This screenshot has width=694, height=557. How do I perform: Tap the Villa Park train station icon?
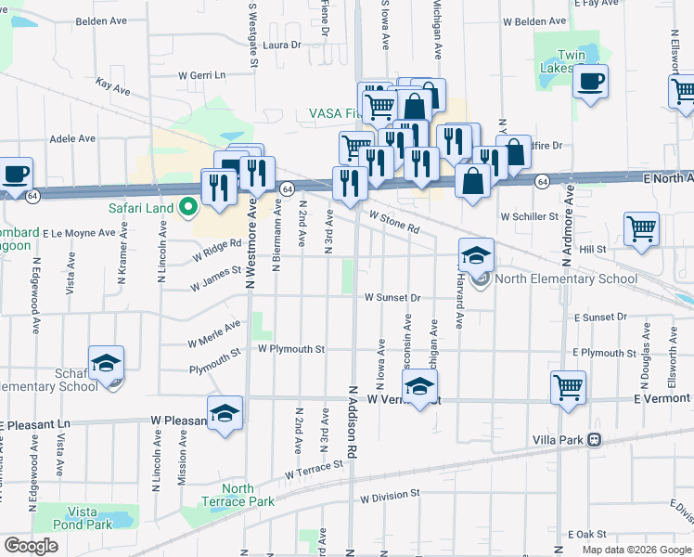(594, 439)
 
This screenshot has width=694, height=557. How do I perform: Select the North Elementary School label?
(567, 278)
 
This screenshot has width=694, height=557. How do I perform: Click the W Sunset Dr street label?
(392, 298)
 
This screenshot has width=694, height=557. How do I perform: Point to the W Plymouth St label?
(291, 349)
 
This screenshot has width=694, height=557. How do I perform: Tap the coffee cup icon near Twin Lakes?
(589, 82)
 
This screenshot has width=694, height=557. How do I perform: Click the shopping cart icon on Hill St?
(641, 227)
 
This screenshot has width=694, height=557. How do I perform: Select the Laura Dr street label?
(282, 44)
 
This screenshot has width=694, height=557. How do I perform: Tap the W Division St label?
(391, 497)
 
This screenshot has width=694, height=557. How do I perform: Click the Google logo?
(32, 546)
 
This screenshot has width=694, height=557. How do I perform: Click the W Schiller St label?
(528, 215)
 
